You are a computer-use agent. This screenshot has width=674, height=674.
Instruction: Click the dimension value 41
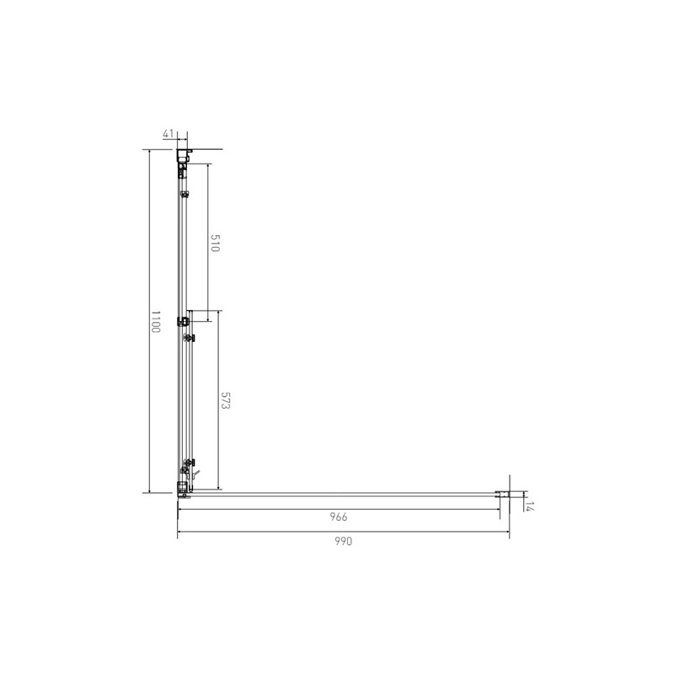[x=168, y=134]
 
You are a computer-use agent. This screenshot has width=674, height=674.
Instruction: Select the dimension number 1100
[x=155, y=322]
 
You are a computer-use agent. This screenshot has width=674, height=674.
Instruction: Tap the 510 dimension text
[x=215, y=243]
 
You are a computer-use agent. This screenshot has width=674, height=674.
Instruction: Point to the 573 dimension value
[x=225, y=401]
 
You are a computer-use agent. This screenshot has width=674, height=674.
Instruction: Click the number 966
[x=339, y=516]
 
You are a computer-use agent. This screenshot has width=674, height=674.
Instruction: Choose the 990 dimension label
[x=344, y=541]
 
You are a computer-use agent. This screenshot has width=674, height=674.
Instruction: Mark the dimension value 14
[x=529, y=506]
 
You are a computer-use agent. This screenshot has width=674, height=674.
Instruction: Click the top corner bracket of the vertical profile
[x=184, y=155]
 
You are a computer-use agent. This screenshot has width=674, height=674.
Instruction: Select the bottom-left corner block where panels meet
[x=184, y=489]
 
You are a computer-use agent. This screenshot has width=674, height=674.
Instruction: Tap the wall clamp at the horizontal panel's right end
[x=502, y=495]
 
